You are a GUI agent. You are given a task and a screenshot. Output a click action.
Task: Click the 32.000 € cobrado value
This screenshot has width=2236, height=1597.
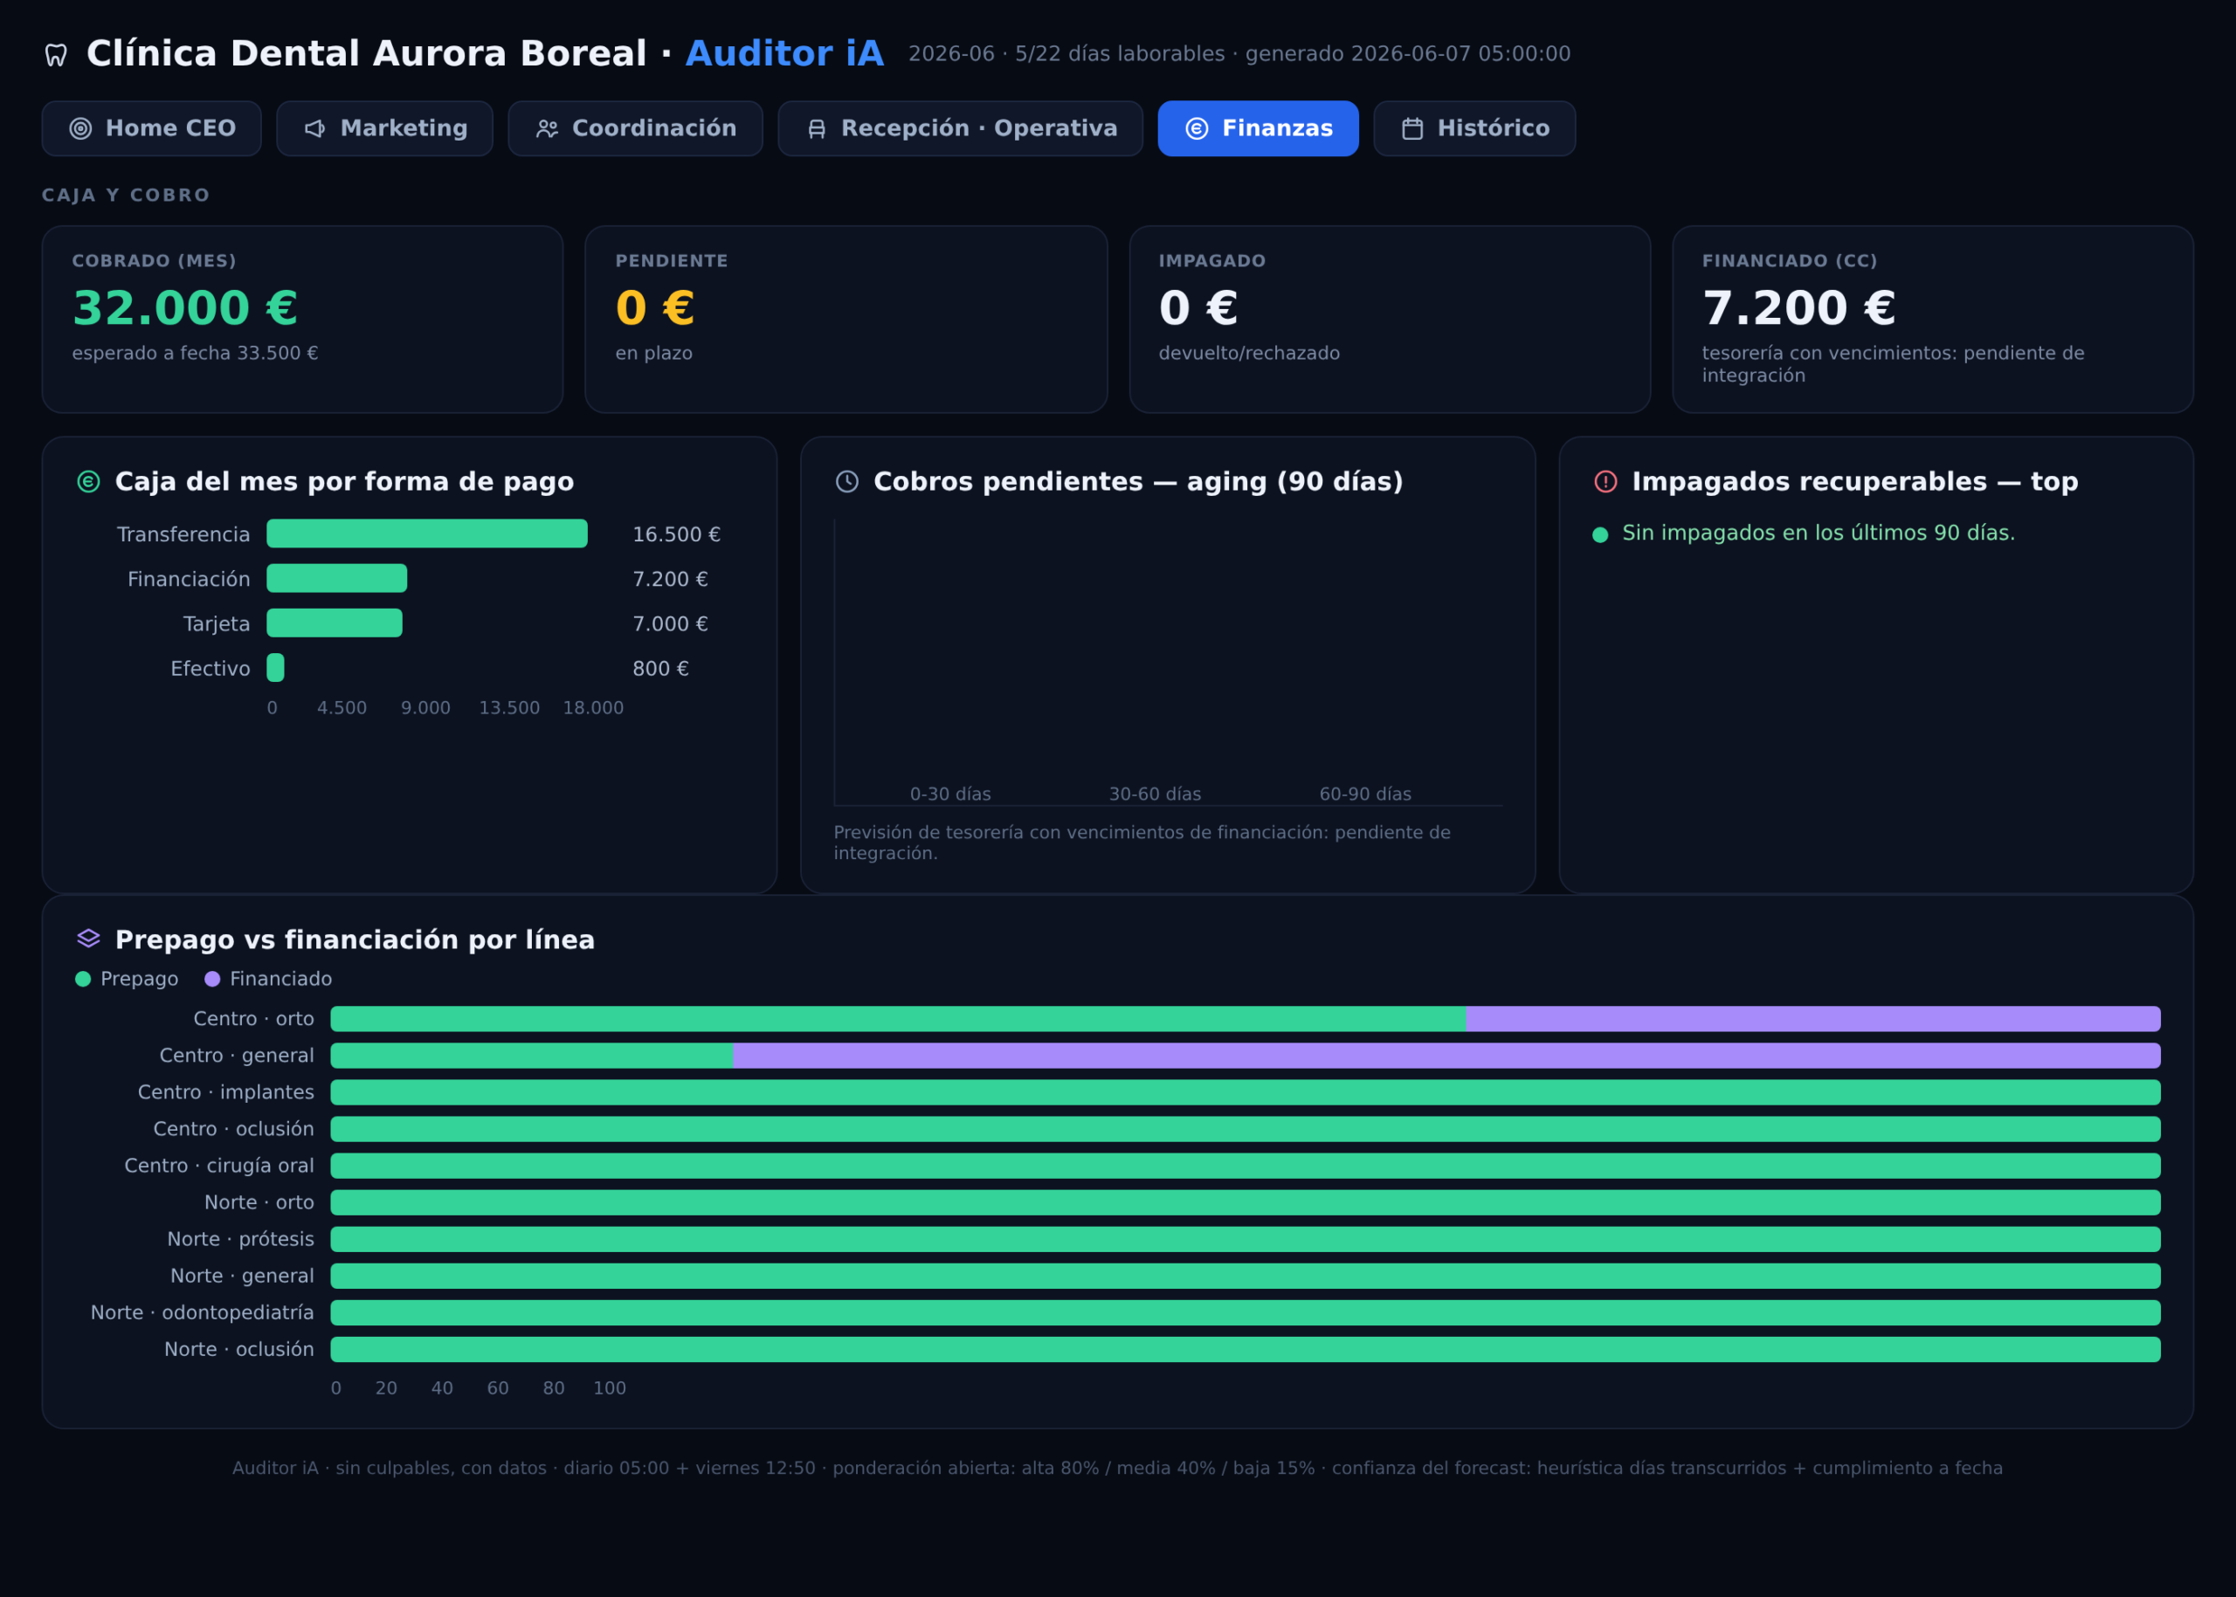[x=185, y=308]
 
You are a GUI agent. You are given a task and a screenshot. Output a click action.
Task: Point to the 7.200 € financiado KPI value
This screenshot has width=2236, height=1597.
[x=1798, y=308]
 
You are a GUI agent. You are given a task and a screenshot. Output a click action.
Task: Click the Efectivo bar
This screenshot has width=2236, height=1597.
[x=275, y=668]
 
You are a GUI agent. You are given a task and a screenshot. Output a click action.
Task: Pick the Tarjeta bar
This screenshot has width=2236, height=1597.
[x=335, y=623]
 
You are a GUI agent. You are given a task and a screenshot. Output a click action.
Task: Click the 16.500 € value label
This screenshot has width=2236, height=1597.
[x=676, y=534]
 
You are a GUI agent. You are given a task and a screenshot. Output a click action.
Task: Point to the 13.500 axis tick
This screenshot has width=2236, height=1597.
[x=509, y=708]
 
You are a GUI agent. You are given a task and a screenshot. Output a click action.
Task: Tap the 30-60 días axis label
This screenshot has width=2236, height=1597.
[x=1155, y=794]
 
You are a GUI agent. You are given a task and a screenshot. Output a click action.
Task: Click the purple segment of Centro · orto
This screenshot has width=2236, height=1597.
[x=1813, y=1019]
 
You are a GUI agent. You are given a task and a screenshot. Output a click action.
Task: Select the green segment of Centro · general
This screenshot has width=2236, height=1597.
[x=531, y=1055]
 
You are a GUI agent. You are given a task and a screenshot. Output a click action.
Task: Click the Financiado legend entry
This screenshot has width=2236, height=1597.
[x=268, y=979]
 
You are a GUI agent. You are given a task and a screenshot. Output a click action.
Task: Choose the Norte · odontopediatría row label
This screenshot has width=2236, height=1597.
[x=202, y=1313]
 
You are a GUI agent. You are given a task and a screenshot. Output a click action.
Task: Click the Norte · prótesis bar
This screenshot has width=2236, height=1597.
[x=1246, y=1239]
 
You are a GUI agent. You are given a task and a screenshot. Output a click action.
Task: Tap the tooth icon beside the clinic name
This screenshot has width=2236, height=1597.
[x=56, y=55]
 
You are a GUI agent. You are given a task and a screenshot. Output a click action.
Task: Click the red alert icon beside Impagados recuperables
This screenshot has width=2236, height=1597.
[x=1605, y=481]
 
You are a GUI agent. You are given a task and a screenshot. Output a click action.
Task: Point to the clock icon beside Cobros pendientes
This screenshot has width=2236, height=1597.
[x=847, y=481]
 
